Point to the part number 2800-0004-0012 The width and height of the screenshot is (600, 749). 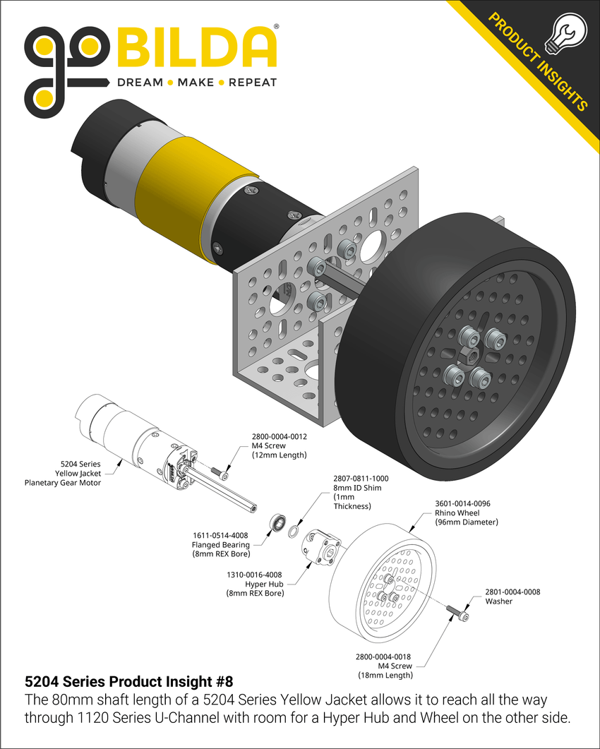pyautogui.click(x=279, y=436)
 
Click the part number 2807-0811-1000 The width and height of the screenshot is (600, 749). pyautogui.click(x=360, y=478)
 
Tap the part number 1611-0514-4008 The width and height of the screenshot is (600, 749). pyautogui.click(x=221, y=535)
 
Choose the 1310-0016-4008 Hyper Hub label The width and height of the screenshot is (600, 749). pyautogui.click(x=255, y=584)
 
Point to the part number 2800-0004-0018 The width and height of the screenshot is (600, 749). pyautogui.click(x=385, y=656)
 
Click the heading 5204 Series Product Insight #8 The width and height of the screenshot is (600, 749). pyautogui.click(x=128, y=682)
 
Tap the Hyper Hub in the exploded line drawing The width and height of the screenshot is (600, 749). pyautogui.click(x=322, y=549)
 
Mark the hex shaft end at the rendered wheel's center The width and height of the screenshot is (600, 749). pyautogui.click(x=469, y=353)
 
